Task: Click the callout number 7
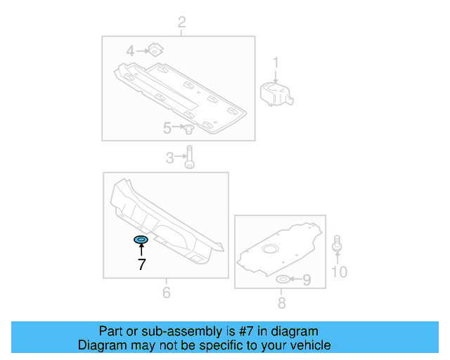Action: pos(141,264)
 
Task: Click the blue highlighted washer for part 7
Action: pos(141,240)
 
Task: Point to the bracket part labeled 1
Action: pos(276,93)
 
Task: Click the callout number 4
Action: pos(130,51)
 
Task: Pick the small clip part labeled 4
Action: pos(155,50)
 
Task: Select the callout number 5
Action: pos(167,128)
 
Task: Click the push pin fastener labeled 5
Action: pos(188,129)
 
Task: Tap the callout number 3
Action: pos(169,158)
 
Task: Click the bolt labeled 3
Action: pos(189,157)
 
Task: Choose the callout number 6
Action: pos(166,292)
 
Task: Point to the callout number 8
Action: pos(281,303)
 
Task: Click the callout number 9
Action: pos(307,281)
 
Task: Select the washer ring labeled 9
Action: pos(283,281)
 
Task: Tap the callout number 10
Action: pos(339,271)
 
